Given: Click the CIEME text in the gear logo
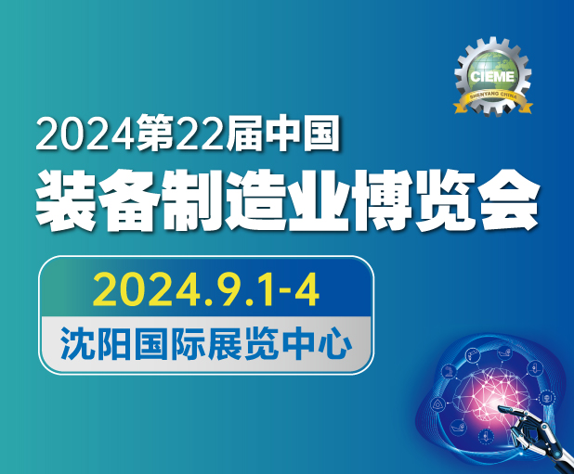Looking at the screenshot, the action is point(492,76).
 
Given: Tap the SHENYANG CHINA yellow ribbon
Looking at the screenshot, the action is point(493,100).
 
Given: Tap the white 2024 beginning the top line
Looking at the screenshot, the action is point(84,134).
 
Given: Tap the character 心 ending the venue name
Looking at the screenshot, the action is point(334,344).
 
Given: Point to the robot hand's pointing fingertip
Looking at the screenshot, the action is point(500,407).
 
